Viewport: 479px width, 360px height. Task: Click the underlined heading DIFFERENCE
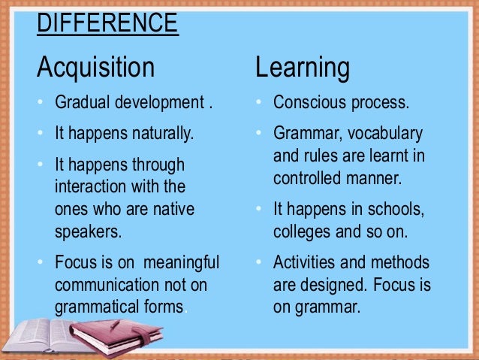point(107,23)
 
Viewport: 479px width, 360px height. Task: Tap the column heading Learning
point(302,68)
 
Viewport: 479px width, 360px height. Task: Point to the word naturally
point(159,135)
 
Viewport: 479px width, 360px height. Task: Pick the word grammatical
point(95,307)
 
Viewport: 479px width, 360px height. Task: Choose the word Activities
point(303,264)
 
